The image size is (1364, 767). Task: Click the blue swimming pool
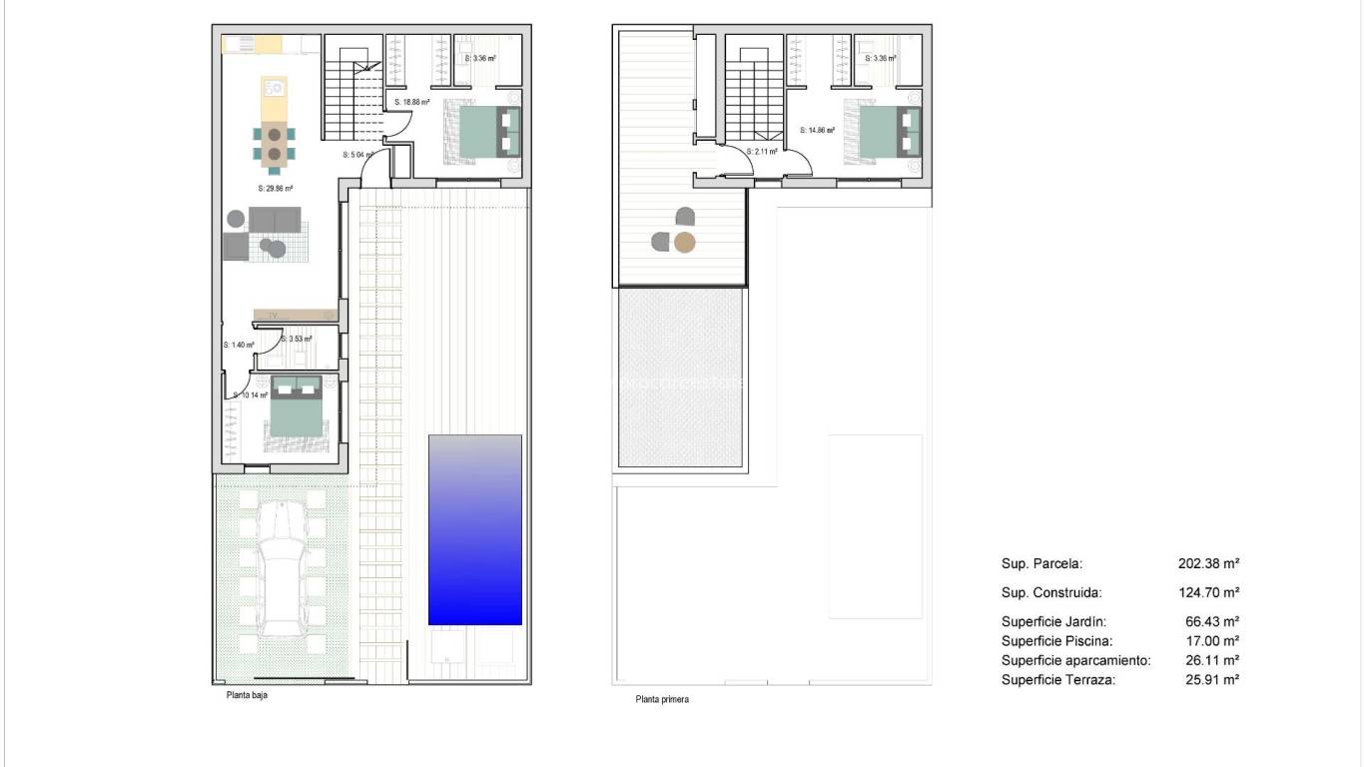(x=475, y=529)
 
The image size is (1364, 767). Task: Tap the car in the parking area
(x=280, y=569)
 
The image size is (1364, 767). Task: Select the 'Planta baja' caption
(x=247, y=695)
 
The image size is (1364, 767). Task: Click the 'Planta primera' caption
(x=662, y=699)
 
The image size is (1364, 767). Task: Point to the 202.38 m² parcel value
(x=1208, y=563)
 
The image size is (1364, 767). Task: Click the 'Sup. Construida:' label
(x=1050, y=591)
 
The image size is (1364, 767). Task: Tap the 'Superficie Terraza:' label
(x=1057, y=679)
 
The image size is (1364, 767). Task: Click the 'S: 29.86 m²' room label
(x=275, y=188)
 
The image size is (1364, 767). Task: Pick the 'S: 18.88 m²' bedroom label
(x=412, y=102)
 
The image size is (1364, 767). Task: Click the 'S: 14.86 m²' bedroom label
(x=817, y=129)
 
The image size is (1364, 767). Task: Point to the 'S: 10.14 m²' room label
(x=251, y=395)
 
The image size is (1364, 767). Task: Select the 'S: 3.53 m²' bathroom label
(x=297, y=339)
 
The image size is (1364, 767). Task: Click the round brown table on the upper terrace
(x=684, y=241)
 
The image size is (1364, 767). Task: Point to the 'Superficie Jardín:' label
(x=1053, y=621)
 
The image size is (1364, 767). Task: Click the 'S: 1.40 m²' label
(x=239, y=345)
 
